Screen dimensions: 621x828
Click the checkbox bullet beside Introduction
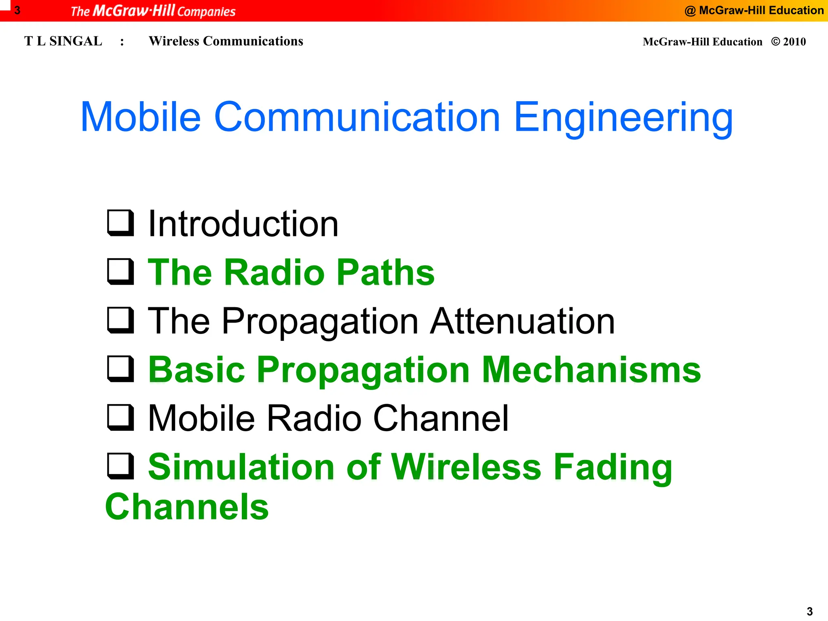(x=120, y=223)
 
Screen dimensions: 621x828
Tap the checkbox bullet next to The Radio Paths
(x=120, y=272)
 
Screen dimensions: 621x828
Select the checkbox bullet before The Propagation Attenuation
(x=120, y=320)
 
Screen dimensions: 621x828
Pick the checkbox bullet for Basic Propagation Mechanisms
(x=120, y=369)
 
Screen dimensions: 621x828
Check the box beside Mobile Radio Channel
(x=120, y=417)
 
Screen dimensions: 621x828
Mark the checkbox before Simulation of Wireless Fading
(x=120, y=466)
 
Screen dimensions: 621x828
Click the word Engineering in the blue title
(x=623, y=118)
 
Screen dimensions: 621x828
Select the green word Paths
(x=385, y=272)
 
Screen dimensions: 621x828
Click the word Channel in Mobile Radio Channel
(x=441, y=418)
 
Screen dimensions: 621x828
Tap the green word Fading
(x=613, y=468)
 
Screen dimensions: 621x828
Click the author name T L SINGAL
(x=63, y=41)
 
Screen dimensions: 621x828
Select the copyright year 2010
(x=794, y=42)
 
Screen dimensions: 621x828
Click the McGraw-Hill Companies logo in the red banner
(x=153, y=11)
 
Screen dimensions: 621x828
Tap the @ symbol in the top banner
(x=690, y=11)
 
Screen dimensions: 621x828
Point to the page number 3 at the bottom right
(x=809, y=611)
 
